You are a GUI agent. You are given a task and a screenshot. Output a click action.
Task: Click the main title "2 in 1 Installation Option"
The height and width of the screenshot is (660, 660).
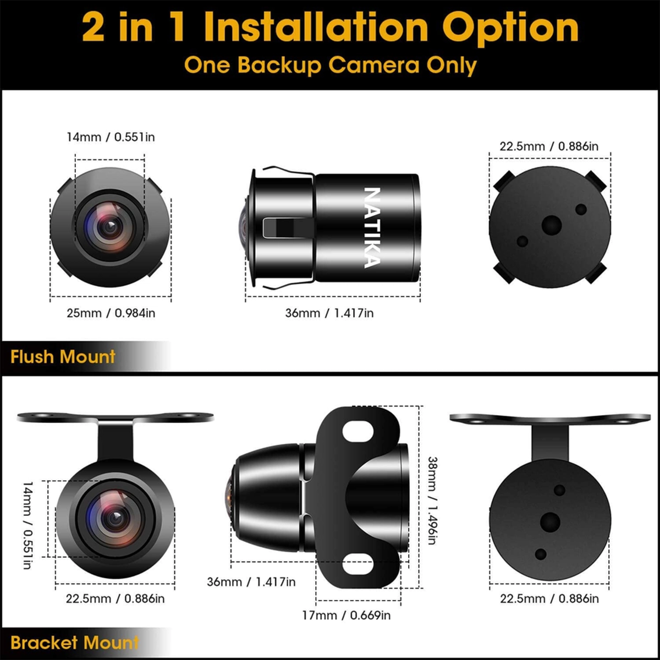pyautogui.click(x=330, y=28)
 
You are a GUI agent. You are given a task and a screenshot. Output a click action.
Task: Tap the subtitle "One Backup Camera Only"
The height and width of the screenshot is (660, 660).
pyautogui.click(x=330, y=65)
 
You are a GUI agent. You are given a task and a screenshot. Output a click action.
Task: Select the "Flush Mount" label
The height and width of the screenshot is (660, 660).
pyautogui.click(x=63, y=357)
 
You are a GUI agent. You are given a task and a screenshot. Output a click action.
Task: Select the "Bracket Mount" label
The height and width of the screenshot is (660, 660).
pyautogui.click(x=74, y=642)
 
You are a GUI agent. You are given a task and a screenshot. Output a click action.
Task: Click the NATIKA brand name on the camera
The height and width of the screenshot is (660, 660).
pyautogui.click(x=372, y=228)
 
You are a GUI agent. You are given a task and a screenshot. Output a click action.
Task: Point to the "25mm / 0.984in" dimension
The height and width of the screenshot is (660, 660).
pyautogui.click(x=111, y=313)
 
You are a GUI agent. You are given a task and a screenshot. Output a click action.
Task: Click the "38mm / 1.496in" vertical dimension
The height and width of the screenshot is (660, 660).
pyautogui.click(x=432, y=501)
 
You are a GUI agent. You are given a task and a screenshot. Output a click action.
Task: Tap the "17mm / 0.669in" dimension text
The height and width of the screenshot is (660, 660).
pyautogui.click(x=346, y=615)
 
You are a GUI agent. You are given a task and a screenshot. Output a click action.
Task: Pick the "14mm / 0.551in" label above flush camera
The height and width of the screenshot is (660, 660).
pyautogui.click(x=111, y=137)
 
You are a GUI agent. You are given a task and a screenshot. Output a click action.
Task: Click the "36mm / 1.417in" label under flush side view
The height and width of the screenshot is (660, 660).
pyautogui.click(x=329, y=313)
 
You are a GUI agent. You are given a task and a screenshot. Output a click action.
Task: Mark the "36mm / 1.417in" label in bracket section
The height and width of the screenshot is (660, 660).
pyautogui.click(x=251, y=581)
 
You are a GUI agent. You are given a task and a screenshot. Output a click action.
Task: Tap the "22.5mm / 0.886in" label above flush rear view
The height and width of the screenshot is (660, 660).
pyautogui.click(x=549, y=146)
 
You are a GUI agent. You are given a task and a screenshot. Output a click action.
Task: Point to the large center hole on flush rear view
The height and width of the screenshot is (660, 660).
pyautogui.click(x=551, y=225)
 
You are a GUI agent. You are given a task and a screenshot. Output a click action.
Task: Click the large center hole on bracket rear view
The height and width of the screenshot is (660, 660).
pyautogui.click(x=550, y=522)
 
